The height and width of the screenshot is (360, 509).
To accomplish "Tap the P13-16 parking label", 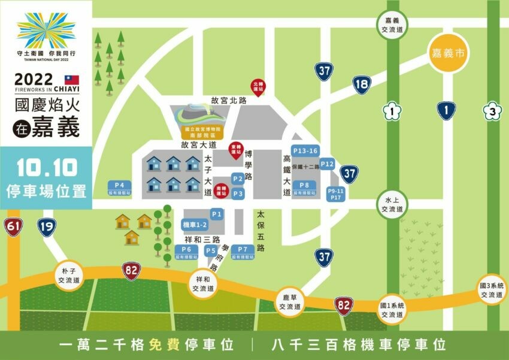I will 305,150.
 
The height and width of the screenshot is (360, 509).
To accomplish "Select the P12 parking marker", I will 327,164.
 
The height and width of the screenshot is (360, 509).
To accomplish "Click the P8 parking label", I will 304,186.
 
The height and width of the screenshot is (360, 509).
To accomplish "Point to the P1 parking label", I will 217,214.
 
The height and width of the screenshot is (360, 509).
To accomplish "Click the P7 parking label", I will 242,249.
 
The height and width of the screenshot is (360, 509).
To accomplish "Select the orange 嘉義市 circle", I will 448,53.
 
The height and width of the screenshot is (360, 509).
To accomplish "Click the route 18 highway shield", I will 361,84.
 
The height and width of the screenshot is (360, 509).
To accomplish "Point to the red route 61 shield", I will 12,226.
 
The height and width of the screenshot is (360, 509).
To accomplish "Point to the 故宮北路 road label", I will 225,100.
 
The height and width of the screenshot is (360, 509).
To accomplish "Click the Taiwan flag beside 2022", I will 72,80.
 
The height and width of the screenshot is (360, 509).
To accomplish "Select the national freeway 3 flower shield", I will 492,111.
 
